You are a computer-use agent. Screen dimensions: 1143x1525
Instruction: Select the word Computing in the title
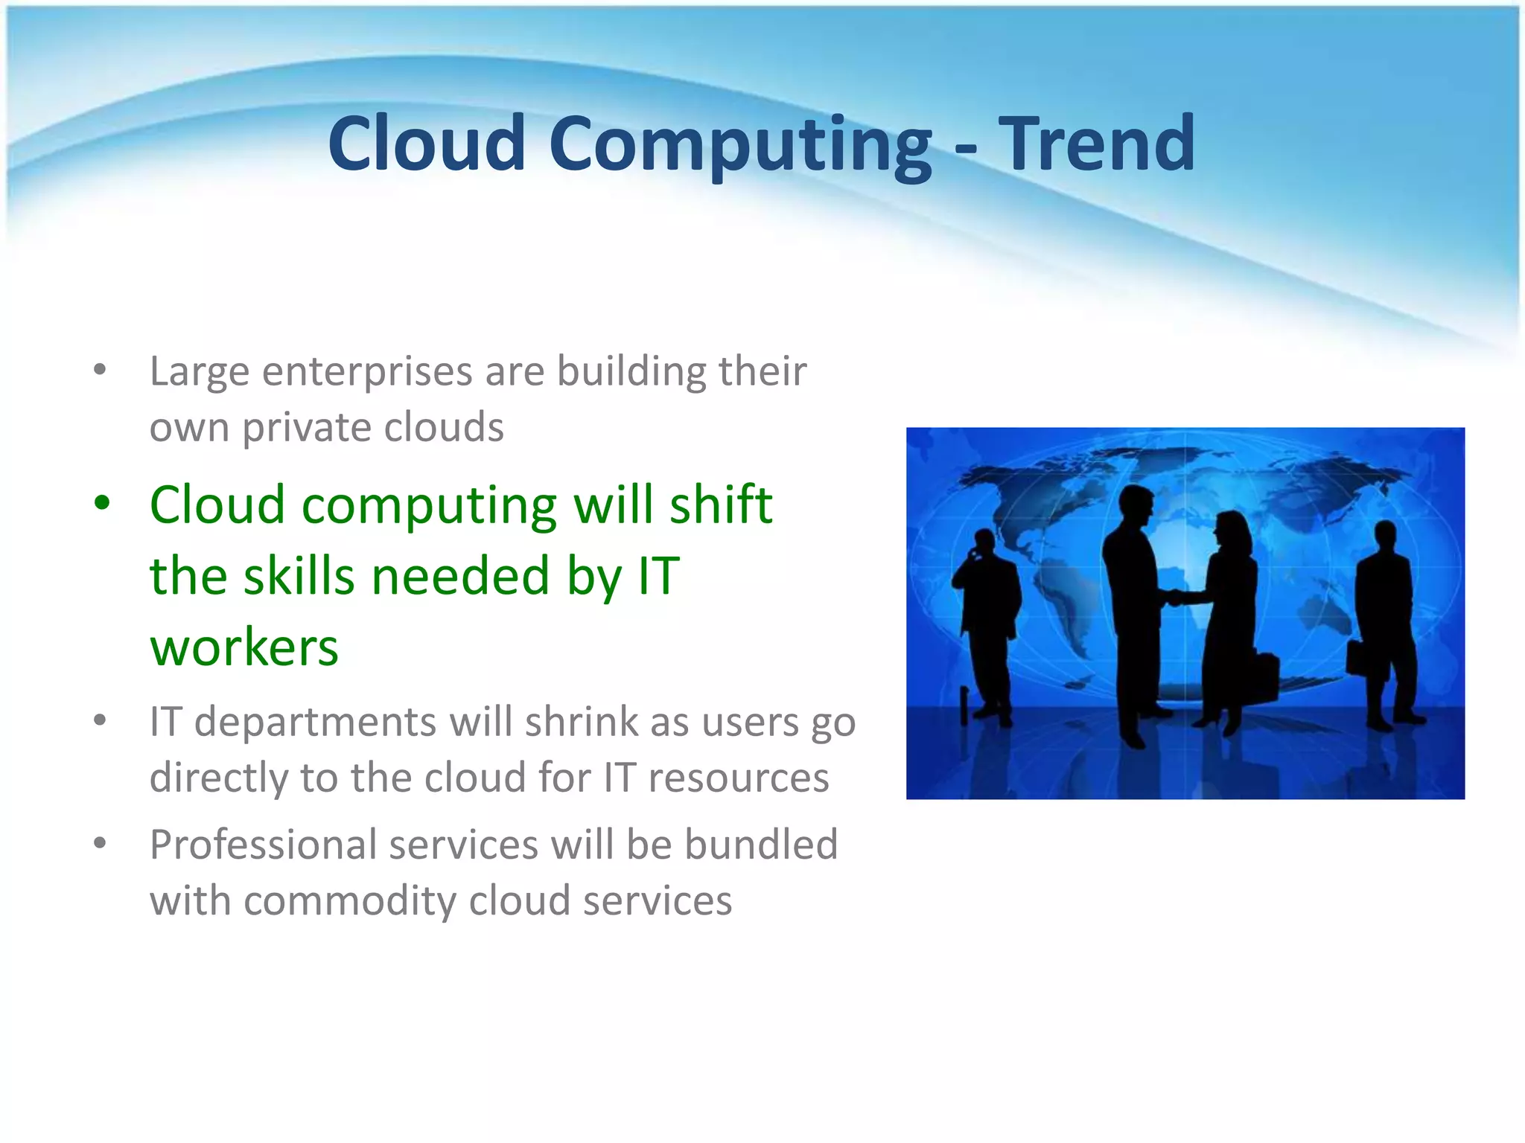(x=740, y=145)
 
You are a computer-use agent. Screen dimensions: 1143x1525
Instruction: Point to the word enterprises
(x=366, y=371)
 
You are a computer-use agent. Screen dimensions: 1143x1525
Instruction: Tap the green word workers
(x=243, y=647)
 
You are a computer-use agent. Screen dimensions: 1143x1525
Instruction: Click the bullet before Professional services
(x=101, y=843)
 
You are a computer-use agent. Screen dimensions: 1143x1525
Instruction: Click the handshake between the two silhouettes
(x=1177, y=596)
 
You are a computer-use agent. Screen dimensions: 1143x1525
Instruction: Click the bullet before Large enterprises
(x=101, y=370)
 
